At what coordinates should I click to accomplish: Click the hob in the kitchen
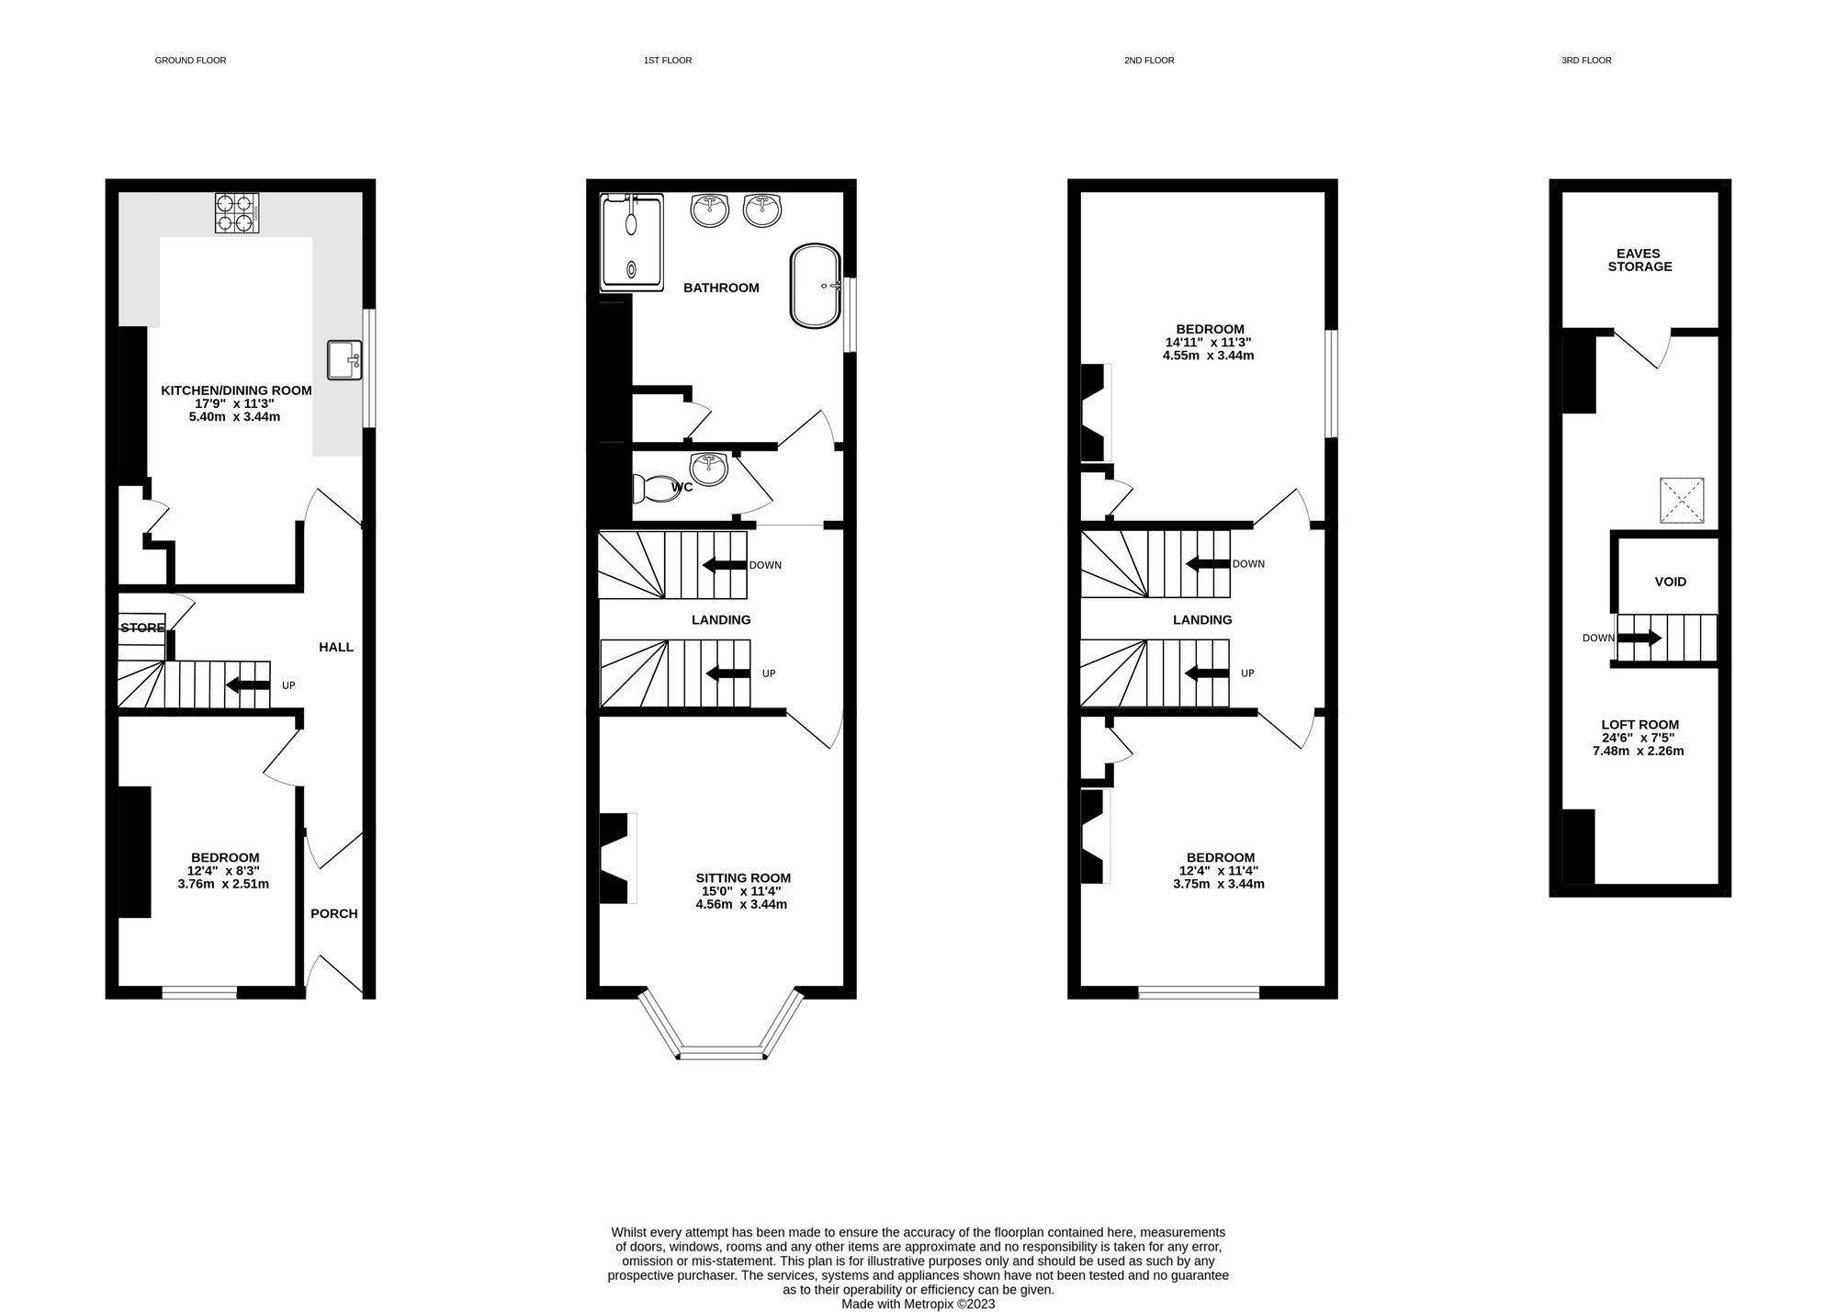click(x=236, y=212)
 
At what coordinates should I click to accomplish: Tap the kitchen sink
click(x=345, y=359)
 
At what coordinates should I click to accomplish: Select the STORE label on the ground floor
click(x=142, y=628)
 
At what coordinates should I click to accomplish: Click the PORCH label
click(x=333, y=913)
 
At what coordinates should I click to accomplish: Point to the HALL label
click(x=335, y=647)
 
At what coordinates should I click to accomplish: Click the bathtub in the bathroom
click(x=815, y=286)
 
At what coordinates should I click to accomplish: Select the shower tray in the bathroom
click(x=631, y=243)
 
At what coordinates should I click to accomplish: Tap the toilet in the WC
click(x=653, y=488)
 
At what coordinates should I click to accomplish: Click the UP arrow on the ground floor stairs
click(x=247, y=684)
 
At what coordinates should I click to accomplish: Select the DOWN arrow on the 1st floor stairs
click(x=725, y=565)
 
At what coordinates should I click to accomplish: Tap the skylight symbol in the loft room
click(x=1681, y=501)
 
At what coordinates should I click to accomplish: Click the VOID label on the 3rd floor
click(x=1670, y=582)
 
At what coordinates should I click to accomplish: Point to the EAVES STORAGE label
click(x=1640, y=260)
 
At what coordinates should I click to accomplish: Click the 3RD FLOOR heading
click(x=1585, y=61)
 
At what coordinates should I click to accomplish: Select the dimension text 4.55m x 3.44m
click(x=1208, y=356)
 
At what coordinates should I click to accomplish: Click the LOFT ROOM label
click(x=1638, y=725)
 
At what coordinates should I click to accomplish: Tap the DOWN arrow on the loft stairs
click(x=1640, y=638)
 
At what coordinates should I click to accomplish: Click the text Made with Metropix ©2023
click(x=918, y=1303)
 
